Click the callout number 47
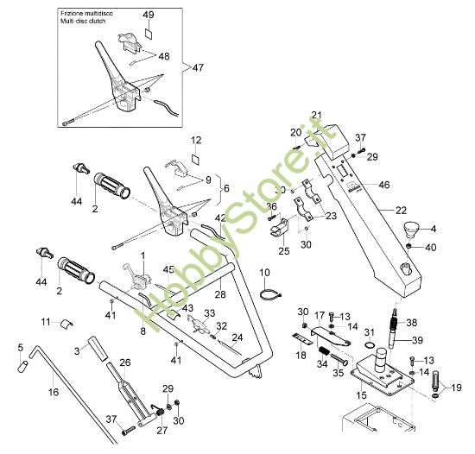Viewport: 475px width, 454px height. tap(199, 66)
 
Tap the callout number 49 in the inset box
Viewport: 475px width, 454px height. tap(148, 16)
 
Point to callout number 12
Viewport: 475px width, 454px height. tap(195, 139)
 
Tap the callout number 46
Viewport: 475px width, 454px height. tap(384, 184)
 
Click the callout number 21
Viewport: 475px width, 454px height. tap(316, 115)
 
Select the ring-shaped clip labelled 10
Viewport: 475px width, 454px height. tap(269, 296)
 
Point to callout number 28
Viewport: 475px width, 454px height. tap(220, 295)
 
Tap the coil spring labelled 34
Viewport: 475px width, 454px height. tap(324, 354)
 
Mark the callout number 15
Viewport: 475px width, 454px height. tap(361, 395)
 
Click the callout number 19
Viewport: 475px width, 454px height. tap(457, 388)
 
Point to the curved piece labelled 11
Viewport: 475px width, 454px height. tap(62, 324)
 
